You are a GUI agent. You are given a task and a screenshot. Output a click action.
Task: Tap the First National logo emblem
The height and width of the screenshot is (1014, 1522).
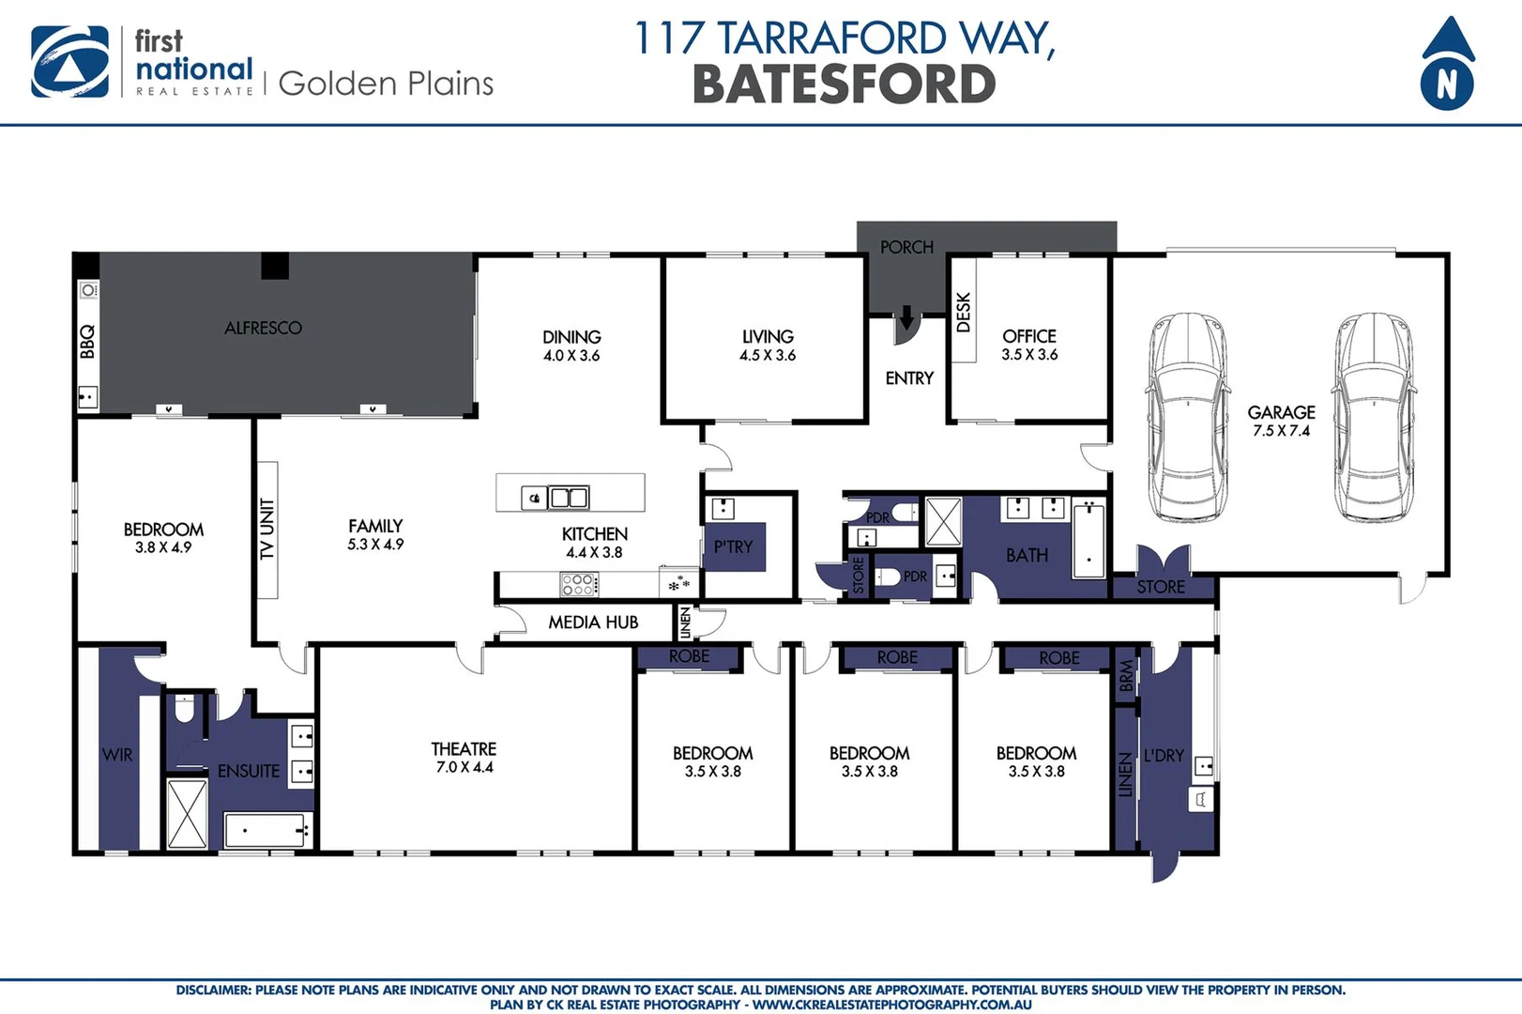69,62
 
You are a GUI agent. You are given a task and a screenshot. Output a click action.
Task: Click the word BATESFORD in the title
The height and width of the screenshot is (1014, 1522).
844,84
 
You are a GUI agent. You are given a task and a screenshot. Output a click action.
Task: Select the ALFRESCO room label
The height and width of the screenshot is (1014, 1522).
263,328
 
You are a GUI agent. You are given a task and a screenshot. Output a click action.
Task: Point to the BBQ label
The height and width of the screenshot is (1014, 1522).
87,341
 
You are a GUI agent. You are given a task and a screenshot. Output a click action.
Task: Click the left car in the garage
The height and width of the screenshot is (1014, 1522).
1186,417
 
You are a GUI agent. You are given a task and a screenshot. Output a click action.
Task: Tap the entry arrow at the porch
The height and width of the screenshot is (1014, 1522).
906,318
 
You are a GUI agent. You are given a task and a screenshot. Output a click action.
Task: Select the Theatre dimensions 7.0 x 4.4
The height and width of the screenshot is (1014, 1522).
464,767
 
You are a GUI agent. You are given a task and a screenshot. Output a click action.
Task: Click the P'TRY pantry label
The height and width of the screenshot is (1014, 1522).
733,546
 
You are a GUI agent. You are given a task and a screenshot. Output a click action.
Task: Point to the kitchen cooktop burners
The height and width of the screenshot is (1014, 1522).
578,585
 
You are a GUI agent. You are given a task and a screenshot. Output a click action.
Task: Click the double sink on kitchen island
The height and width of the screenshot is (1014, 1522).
568,497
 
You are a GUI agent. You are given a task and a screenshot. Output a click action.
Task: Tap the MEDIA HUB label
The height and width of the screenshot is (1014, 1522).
593,622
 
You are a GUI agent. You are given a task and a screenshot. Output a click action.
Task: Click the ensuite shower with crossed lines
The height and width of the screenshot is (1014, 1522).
187,813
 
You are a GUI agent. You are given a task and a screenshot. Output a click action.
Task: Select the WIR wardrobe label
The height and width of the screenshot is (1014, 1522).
116,755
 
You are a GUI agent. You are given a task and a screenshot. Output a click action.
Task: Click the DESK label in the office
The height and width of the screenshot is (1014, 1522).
963,313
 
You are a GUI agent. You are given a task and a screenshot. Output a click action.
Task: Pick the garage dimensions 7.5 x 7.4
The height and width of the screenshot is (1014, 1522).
1281,431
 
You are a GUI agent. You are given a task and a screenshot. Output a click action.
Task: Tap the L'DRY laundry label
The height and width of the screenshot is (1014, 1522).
1164,755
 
